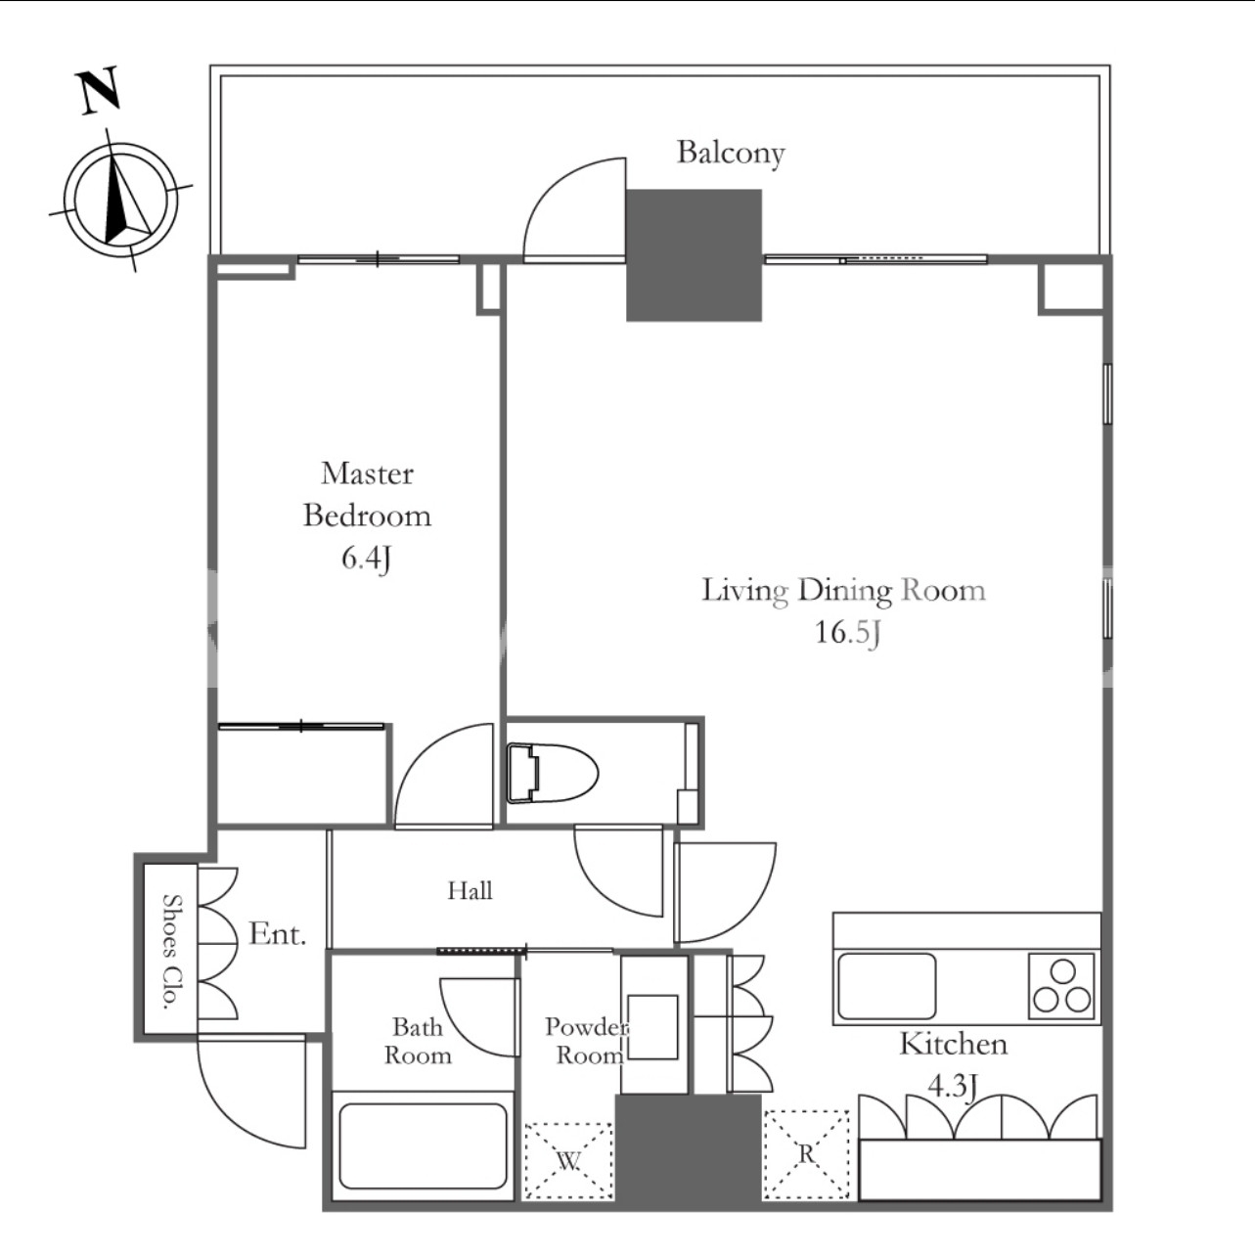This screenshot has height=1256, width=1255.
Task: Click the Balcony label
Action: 731,154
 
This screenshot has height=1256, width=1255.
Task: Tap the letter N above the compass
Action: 99,91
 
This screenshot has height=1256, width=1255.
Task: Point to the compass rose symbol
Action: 120,199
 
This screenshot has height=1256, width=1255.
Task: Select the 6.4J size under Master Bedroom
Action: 367,559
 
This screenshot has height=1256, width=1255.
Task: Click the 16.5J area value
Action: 847,632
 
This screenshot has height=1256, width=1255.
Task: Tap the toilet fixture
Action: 553,773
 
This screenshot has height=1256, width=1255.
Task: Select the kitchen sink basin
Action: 886,986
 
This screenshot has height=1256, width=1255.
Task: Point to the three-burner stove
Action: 1061,986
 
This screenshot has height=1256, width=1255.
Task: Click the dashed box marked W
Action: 568,1160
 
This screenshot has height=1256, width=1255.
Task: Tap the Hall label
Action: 470,890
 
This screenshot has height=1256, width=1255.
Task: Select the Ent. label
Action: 277,935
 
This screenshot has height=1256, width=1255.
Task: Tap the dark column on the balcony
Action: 694,255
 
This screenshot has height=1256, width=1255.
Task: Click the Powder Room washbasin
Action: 652,1026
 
